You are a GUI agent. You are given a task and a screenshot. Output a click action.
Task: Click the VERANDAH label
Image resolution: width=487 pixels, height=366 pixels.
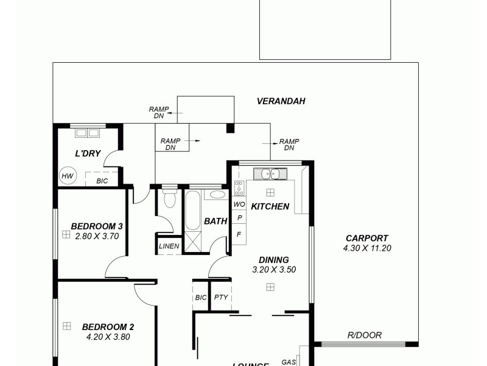[281, 101]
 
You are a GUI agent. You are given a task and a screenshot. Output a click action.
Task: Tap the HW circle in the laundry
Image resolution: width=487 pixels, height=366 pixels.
[67, 177]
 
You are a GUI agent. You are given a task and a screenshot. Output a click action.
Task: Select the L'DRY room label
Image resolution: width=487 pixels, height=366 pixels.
[88, 154]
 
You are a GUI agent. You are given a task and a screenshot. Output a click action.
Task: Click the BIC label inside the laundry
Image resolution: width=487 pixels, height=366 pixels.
[102, 181]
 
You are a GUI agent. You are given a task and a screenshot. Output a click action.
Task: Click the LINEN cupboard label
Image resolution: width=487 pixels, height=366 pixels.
[169, 246]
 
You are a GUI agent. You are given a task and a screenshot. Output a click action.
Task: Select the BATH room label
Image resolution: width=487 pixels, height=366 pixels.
[215, 221]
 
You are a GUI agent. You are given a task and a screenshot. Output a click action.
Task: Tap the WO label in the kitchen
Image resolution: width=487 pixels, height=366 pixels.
[239, 204]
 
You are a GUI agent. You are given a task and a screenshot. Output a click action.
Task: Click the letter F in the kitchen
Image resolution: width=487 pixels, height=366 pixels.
[239, 234]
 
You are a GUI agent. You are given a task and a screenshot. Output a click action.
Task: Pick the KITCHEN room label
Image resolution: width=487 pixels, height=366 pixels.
[270, 206]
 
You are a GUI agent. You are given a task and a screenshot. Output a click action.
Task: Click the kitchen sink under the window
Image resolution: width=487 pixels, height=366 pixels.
[270, 174]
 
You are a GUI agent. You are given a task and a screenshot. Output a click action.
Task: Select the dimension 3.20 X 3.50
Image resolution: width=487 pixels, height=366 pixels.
[273, 269]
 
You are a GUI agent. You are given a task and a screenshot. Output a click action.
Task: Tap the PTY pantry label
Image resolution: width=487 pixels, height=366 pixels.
[220, 298]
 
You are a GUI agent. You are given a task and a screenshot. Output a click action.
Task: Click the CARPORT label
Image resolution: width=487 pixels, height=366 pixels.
[366, 239]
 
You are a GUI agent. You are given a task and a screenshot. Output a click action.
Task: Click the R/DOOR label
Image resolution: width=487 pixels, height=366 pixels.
[365, 335]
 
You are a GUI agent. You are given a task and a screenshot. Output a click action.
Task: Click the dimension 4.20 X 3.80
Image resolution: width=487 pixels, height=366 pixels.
[108, 336]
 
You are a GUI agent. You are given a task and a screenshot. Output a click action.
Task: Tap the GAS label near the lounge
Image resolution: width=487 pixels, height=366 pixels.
[289, 362]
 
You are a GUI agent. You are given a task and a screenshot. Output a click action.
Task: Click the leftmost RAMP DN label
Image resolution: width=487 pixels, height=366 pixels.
[159, 112]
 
